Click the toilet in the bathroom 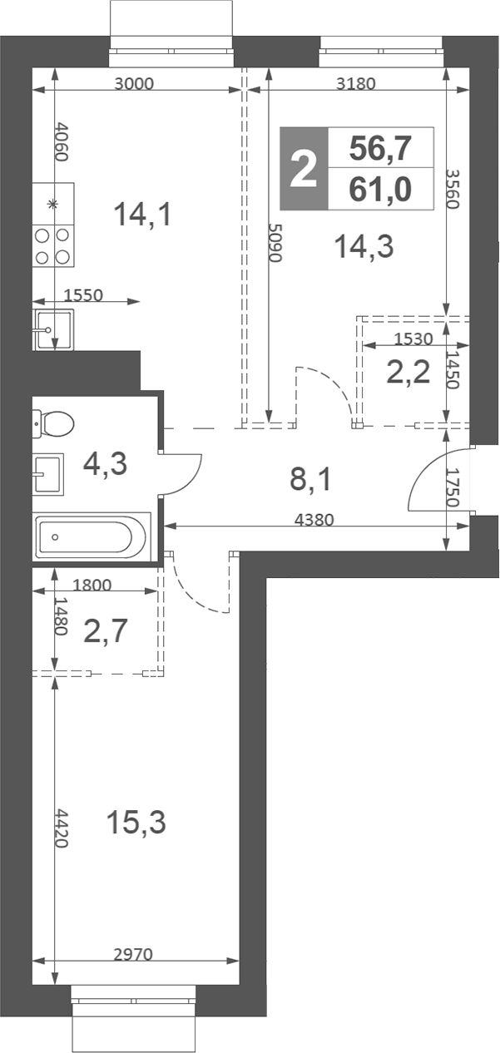click(53, 423)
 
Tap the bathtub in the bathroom click(92, 536)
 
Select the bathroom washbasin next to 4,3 click(48, 474)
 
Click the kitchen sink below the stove click(53, 329)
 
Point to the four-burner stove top click(53, 245)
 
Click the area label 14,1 click(143, 214)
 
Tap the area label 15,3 click(136, 822)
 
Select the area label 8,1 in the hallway click(311, 479)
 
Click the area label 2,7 click(106, 630)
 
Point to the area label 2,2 click(408, 373)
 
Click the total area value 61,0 click(380, 189)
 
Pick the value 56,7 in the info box click(380, 148)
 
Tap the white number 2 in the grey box click(304, 168)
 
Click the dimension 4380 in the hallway click(314, 520)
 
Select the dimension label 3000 click(134, 84)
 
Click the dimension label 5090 click(275, 242)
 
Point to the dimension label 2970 click(134, 954)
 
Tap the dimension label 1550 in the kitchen click(83, 295)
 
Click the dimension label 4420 click(62, 828)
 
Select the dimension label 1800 click(92, 585)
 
